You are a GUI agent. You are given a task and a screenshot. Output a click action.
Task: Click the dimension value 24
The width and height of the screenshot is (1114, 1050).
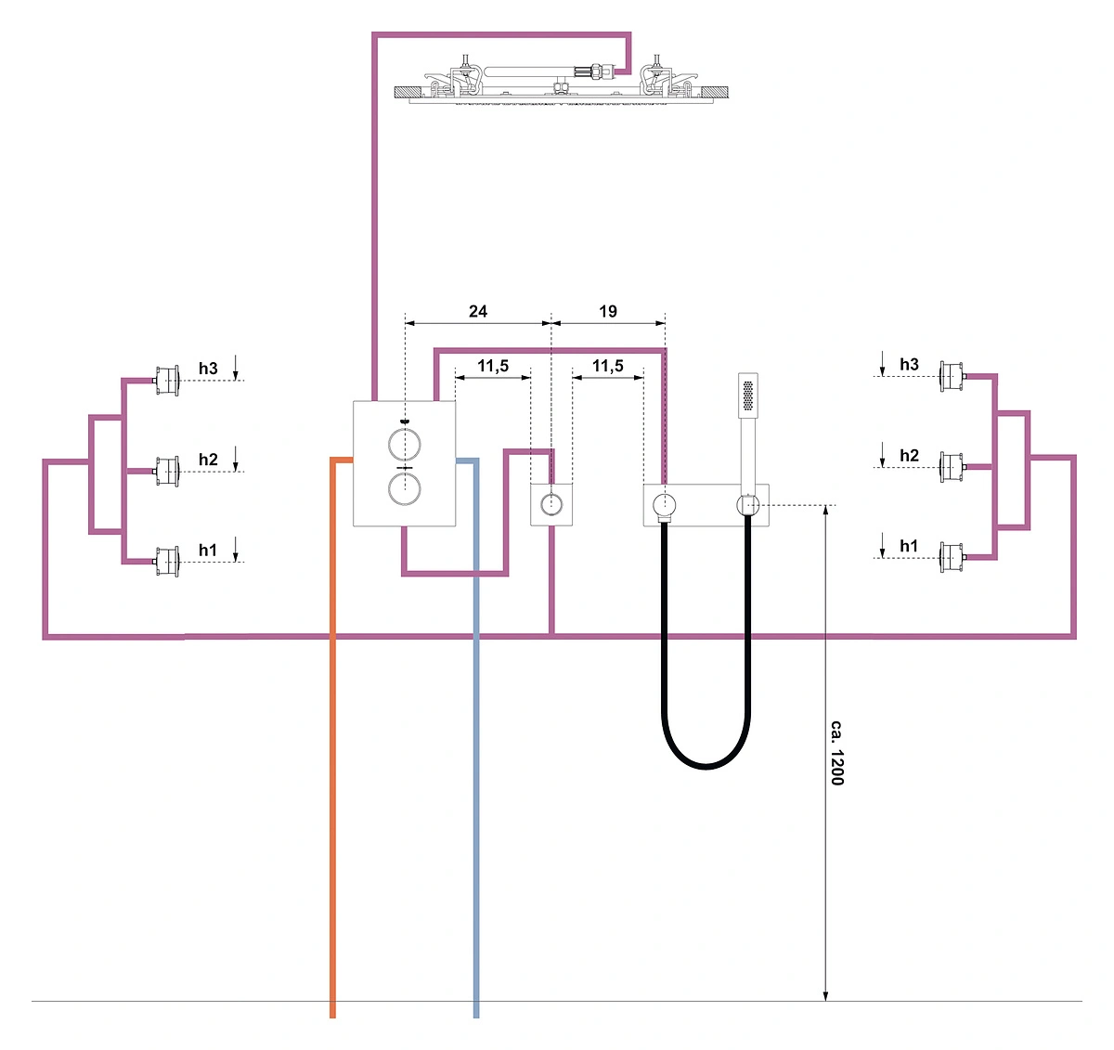coord(477,311)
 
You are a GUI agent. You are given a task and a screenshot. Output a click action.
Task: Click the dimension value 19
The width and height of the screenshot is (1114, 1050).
coord(607,311)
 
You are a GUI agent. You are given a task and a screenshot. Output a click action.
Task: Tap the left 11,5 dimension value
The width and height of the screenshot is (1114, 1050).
coord(493,366)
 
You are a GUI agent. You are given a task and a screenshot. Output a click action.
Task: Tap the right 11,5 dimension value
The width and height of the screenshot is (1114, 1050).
coord(607,366)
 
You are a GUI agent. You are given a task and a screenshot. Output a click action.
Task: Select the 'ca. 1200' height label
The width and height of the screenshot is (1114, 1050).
coord(837,753)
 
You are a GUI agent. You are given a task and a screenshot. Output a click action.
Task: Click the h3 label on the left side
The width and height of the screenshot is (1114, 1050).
coord(208,369)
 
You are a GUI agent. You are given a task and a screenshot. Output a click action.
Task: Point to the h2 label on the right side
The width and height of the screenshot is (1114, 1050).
coord(909,455)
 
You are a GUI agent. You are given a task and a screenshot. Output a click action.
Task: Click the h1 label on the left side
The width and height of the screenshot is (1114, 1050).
coord(208,550)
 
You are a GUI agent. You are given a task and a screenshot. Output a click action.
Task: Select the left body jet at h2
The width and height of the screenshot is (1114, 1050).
coord(166,472)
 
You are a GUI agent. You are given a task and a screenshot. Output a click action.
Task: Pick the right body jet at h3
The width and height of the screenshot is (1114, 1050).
coord(952,376)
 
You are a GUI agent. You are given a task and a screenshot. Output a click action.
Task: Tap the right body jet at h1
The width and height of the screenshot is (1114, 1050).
coord(952,557)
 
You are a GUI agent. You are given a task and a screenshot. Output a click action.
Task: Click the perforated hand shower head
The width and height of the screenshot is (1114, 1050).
coord(747,395)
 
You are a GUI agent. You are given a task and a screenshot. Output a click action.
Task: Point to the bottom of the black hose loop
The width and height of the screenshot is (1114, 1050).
coord(706,767)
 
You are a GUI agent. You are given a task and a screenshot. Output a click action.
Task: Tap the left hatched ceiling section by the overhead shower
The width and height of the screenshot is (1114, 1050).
coord(408,92)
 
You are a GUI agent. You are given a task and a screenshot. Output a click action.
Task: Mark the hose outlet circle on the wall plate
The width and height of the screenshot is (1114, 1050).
coord(664,504)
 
